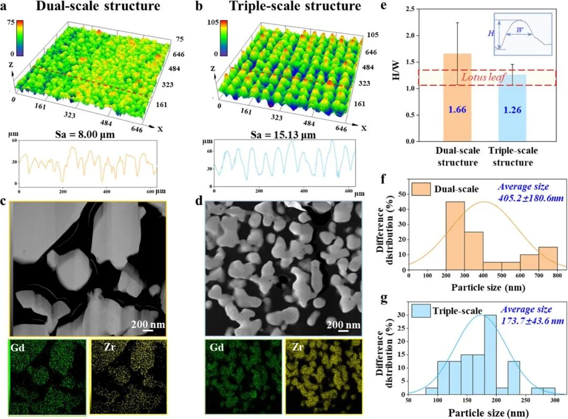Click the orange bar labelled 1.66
pos(457,100)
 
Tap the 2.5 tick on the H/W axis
pos(402,9)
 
